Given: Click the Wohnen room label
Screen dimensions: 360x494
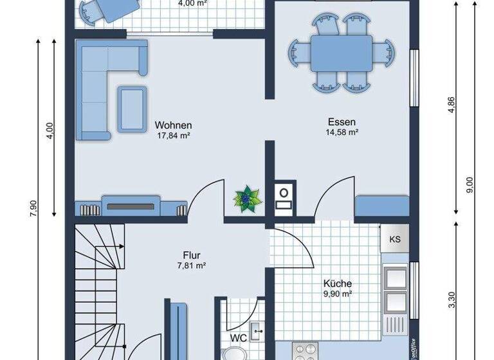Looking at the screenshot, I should pos(174,125).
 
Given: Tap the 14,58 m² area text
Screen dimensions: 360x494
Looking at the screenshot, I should pos(342,132).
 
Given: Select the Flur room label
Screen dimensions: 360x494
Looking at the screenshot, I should pos(192,255).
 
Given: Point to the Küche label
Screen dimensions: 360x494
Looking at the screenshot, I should pos(338,283).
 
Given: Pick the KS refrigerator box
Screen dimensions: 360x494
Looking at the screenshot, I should pos(394,239).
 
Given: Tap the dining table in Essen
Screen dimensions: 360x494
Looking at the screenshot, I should pos(341,53).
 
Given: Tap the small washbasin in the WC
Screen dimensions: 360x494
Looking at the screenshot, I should pos(258,332).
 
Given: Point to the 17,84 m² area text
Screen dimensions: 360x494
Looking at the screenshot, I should pos(174,136).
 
